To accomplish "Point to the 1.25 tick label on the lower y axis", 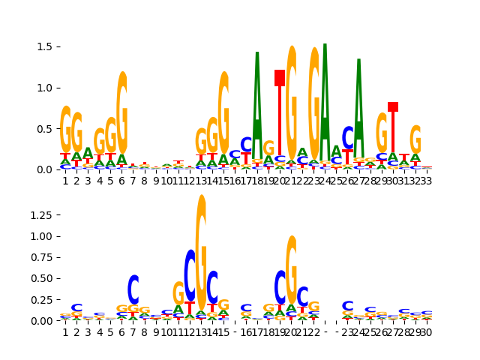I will point(39,215).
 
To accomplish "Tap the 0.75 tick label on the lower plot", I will point(39,257).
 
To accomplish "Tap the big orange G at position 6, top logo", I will point(122,112).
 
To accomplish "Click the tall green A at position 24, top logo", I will point(325,97).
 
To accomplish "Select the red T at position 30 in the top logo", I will point(393,127).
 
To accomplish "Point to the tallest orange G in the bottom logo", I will point(201,247).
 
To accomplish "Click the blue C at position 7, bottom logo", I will point(133,289).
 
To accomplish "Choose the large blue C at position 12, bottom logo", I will point(190,275).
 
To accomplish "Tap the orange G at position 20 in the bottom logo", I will point(291,270).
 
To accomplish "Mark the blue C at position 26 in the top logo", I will point(348,138).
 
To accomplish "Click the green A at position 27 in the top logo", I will point(359,105).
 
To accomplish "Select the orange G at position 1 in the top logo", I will point(66,130).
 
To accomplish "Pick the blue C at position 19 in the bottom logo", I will point(280,286).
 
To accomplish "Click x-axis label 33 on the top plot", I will point(427,181).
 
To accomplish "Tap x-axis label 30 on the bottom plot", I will point(427,332).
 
